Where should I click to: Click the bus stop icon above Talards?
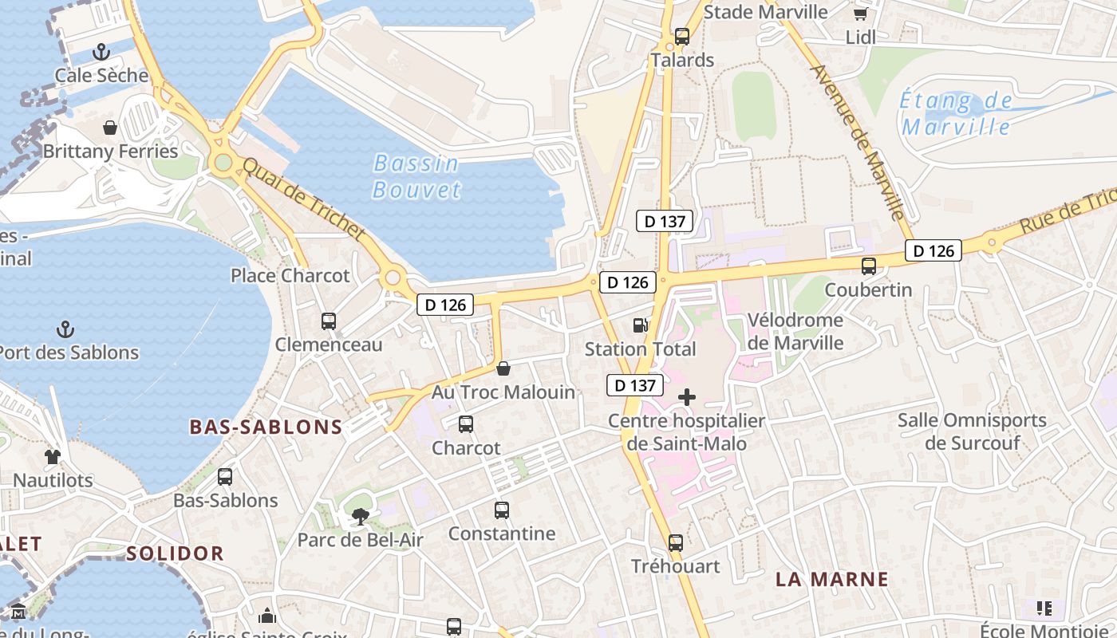681,36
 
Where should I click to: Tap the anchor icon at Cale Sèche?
101,53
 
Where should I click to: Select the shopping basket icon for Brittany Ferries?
110,128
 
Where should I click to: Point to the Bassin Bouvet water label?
416,176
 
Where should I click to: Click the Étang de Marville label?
956,113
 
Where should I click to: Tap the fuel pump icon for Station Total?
640,325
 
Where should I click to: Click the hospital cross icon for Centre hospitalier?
686,397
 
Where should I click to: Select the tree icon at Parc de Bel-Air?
360,517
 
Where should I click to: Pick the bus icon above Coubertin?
868,266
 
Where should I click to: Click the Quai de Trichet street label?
304,199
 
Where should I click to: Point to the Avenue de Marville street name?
858,142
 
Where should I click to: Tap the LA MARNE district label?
832,580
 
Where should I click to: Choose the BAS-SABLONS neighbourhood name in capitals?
266,427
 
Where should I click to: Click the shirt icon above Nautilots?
53,457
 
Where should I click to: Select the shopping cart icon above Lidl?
860,14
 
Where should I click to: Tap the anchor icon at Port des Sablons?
65,329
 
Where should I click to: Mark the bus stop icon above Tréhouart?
676,543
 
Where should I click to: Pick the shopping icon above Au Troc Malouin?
503,368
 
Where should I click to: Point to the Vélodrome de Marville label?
795,332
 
